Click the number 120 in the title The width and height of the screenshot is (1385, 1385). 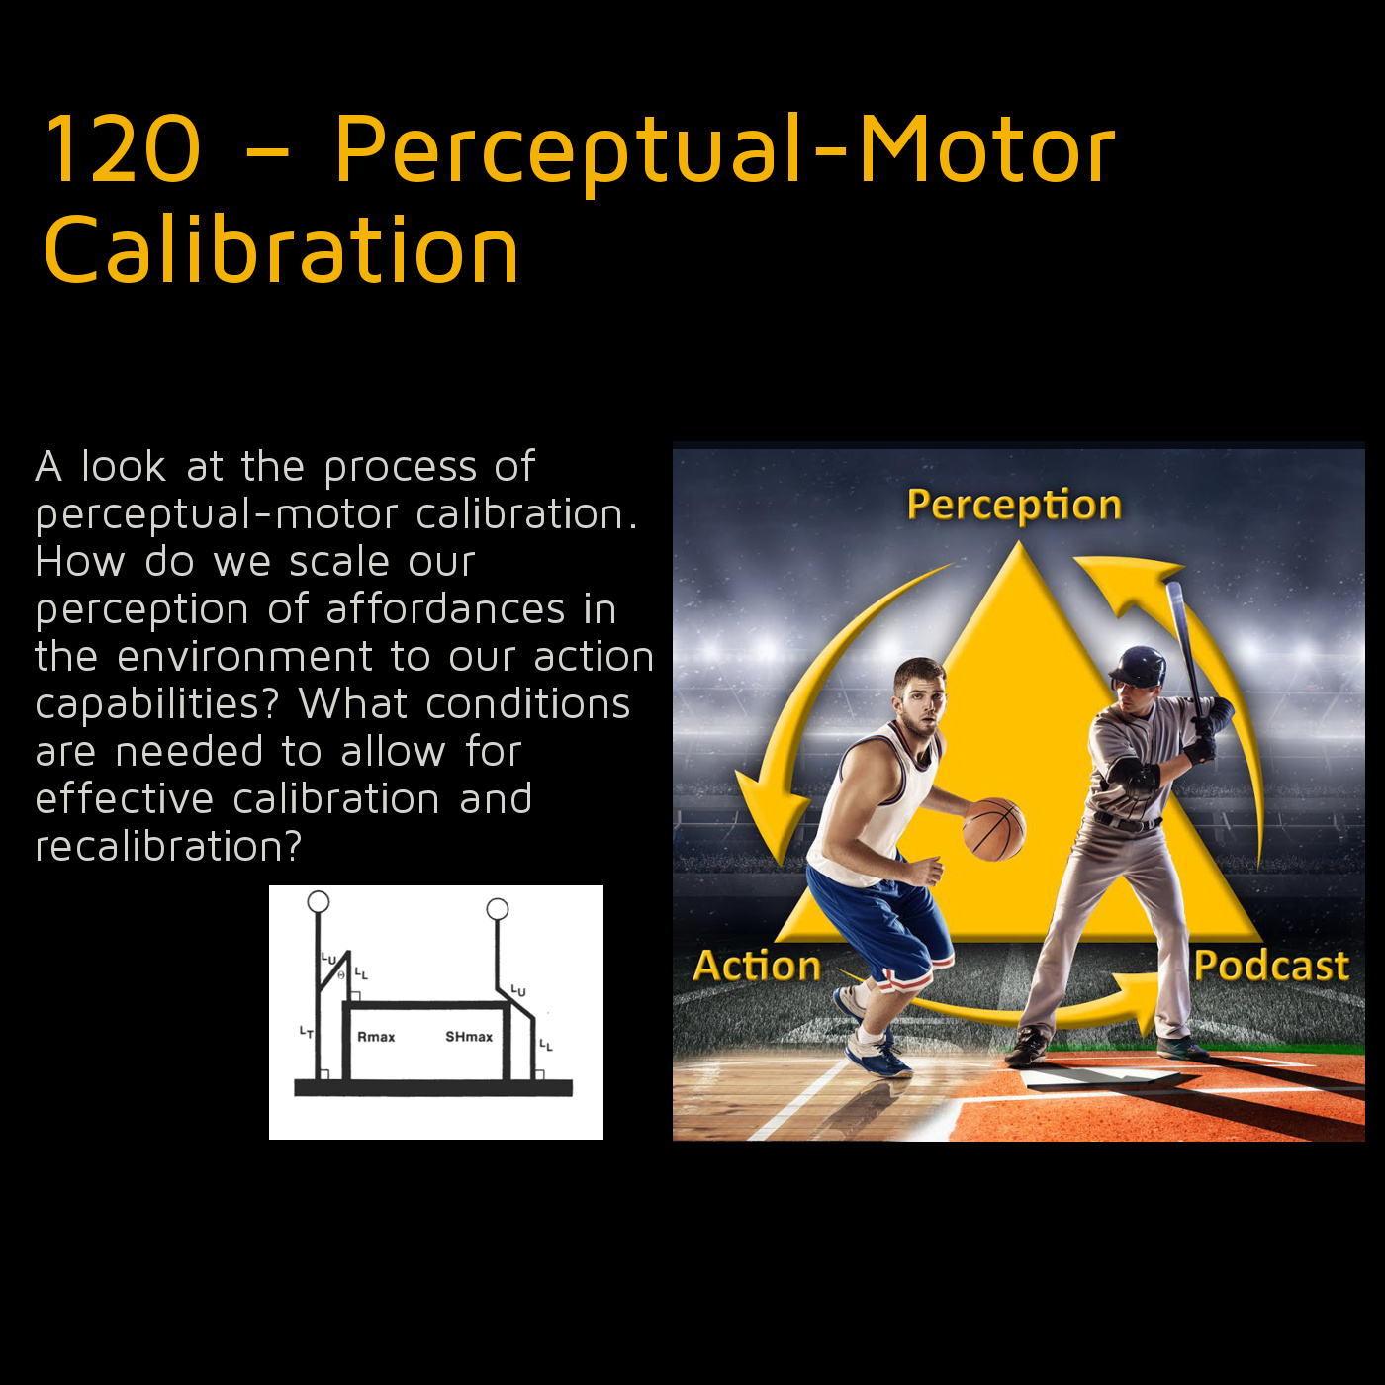pos(123,149)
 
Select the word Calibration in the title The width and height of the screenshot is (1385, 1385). pos(281,249)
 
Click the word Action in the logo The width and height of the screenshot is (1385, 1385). pos(757,966)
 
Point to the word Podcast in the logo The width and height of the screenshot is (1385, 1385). pos(1271,966)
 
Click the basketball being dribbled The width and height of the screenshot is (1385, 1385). pos(994,829)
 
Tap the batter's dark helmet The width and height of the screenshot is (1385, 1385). pos(1138,667)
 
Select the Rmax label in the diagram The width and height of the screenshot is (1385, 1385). pos(376,1037)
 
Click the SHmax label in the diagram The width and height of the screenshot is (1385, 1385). pos(469,1037)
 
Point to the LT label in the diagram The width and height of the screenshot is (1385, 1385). pos(307,1033)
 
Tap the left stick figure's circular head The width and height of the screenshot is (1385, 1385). pos(319,901)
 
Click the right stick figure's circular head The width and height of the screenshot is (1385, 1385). pos(498,909)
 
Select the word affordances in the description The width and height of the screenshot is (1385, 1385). pos(445,609)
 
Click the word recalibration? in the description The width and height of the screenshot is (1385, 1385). pos(168,847)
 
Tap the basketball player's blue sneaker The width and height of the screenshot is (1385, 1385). pos(878,1054)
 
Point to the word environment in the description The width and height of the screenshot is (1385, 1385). pos(245,657)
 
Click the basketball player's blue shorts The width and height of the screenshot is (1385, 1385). pos(878,918)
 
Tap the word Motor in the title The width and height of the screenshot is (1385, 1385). pos(987,149)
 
